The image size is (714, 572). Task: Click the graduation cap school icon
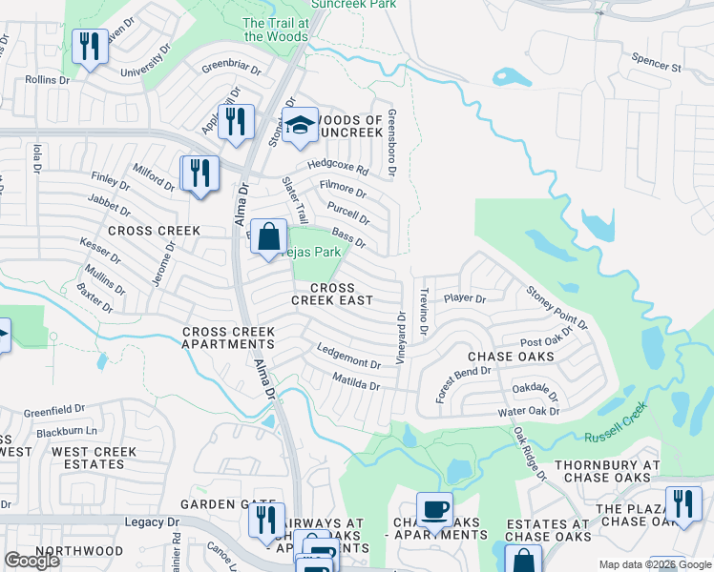pyautogui.click(x=300, y=126)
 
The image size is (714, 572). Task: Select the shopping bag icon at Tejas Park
pyautogui.click(x=269, y=235)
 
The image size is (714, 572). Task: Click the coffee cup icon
pyautogui.click(x=435, y=508)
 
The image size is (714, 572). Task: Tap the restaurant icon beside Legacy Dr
pyautogui.click(x=266, y=520)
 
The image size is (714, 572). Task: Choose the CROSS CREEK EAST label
pyautogui.click(x=332, y=294)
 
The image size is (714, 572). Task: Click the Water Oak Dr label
pyautogui.click(x=528, y=412)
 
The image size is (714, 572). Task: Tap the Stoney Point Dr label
pyautogui.click(x=557, y=305)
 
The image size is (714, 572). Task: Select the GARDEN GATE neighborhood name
pyautogui.click(x=220, y=504)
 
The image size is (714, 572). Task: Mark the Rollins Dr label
pyautogui.click(x=48, y=80)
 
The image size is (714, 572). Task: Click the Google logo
pyautogui.click(x=31, y=561)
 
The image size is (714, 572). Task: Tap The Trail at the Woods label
pyautogui.click(x=276, y=30)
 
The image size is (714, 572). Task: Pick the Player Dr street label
pyautogui.click(x=465, y=298)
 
